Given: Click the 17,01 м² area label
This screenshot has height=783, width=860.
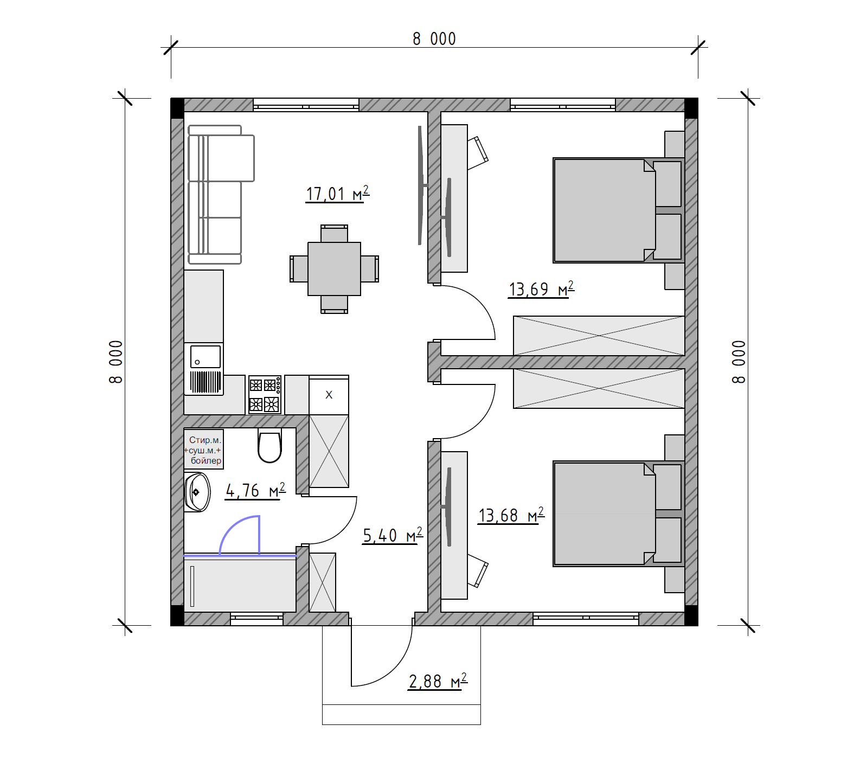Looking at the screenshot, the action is (x=337, y=194).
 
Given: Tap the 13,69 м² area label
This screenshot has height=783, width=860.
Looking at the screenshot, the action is (x=541, y=289).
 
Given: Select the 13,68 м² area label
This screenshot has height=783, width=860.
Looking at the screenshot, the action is (x=511, y=515).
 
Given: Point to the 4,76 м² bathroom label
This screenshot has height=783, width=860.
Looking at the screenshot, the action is (x=255, y=490).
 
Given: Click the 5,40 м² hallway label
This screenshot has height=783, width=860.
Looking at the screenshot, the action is (x=393, y=535).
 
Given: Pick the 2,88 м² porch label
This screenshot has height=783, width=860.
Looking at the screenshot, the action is (x=438, y=681).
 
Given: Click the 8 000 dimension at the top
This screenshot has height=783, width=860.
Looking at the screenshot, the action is (x=434, y=39).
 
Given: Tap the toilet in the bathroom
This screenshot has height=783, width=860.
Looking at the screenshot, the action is (x=269, y=446).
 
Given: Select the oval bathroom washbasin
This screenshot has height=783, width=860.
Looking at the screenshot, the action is (x=197, y=492).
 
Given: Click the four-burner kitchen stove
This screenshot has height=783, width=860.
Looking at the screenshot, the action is (x=265, y=395).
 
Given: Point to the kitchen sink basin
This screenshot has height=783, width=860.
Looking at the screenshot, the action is (x=206, y=357).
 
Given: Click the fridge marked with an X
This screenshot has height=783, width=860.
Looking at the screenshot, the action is (x=329, y=395).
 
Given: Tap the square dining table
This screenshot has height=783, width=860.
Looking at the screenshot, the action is (x=334, y=269).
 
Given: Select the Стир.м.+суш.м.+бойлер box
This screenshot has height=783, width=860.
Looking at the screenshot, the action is (x=204, y=450).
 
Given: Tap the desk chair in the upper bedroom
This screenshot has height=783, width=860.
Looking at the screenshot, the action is (x=478, y=152).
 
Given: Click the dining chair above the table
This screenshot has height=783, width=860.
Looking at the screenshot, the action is (x=334, y=234).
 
